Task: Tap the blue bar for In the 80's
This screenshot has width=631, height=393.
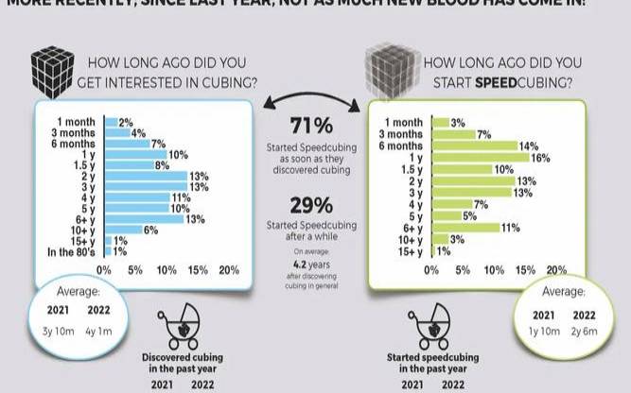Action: [108, 252]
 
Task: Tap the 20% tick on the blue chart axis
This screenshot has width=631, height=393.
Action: [229, 270]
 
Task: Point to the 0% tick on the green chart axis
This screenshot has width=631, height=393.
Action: [432, 270]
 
